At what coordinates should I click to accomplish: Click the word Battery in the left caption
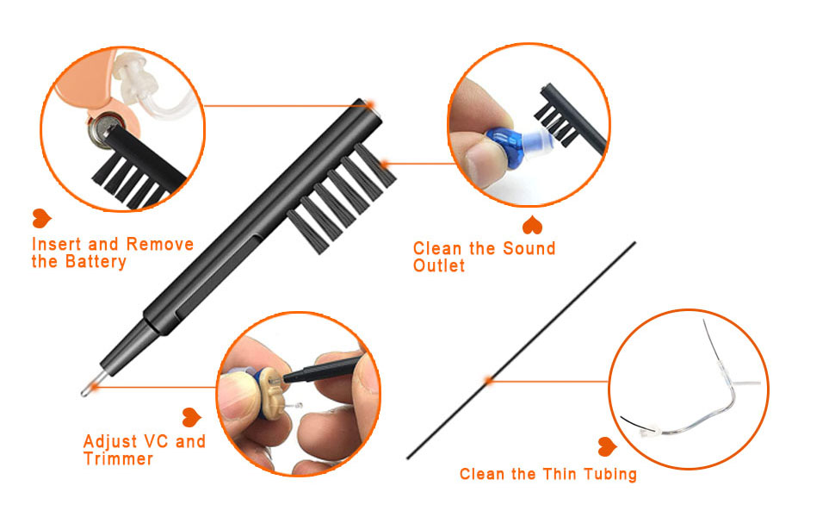click(x=96, y=262)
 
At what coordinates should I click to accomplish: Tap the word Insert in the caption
click(x=57, y=245)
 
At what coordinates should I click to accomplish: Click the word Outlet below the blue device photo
click(x=439, y=266)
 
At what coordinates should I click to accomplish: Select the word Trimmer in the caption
click(x=118, y=459)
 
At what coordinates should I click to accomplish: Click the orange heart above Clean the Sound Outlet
click(x=534, y=226)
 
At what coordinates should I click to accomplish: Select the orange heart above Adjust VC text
click(x=191, y=416)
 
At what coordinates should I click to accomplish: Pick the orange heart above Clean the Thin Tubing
click(x=607, y=446)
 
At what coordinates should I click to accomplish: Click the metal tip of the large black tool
click(x=86, y=389)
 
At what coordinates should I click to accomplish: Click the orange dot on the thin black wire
click(x=488, y=380)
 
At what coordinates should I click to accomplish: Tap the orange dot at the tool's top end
click(x=370, y=104)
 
